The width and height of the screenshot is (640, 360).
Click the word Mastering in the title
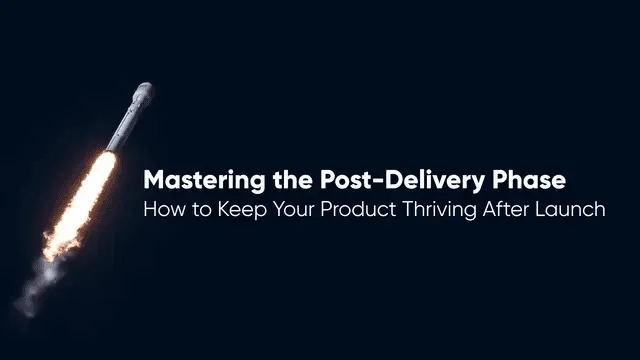click(x=204, y=180)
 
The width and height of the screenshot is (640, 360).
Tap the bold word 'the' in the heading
click(x=293, y=179)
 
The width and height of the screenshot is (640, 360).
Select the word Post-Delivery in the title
click(x=402, y=180)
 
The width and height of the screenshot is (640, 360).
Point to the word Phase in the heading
click(x=529, y=179)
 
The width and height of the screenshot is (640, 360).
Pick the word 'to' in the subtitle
click(x=202, y=210)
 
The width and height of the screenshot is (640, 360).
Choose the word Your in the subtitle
click(x=293, y=209)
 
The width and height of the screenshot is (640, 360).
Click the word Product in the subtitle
click(x=358, y=209)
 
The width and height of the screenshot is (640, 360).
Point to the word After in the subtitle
click(x=505, y=209)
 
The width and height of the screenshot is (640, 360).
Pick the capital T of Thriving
click(x=408, y=209)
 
